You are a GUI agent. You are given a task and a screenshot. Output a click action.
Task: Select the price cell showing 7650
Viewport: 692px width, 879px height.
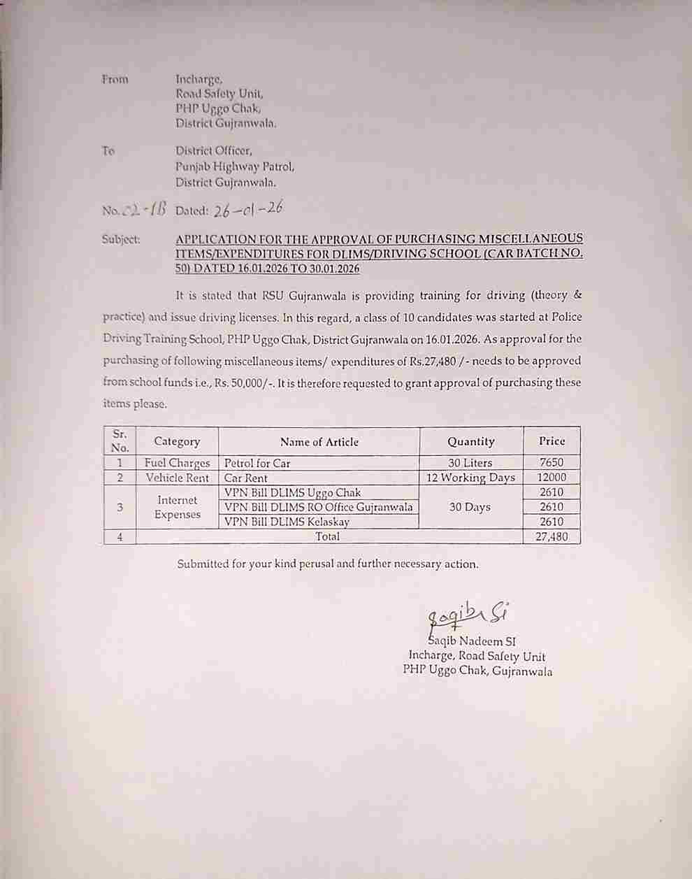tap(552, 463)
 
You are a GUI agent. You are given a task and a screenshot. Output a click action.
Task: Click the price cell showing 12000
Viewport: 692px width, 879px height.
tap(552, 478)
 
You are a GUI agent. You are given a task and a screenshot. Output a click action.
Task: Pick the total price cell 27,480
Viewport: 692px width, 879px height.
tap(552, 536)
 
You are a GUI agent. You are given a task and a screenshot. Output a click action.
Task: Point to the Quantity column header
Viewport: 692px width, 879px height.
tap(471, 441)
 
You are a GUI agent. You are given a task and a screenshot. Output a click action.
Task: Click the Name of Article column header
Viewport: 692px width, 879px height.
tap(319, 441)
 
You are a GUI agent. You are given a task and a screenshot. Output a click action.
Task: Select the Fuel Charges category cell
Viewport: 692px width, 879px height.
tap(177, 463)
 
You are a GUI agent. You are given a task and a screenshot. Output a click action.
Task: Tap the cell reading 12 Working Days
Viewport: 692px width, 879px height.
tap(471, 478)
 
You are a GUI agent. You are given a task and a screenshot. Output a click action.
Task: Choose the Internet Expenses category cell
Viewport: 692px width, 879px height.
tap(177, 507)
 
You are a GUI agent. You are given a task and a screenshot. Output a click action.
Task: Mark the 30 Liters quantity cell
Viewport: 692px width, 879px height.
tap(471, 463)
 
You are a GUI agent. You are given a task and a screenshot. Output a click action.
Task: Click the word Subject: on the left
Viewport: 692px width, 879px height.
tap(121, 239)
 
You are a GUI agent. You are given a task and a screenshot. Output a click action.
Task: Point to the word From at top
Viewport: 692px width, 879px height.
tap(115, 79)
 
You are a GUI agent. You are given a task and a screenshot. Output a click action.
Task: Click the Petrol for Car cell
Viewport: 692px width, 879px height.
tap(257, 463)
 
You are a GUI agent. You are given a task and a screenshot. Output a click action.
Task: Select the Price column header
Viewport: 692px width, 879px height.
tap(552, 441)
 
